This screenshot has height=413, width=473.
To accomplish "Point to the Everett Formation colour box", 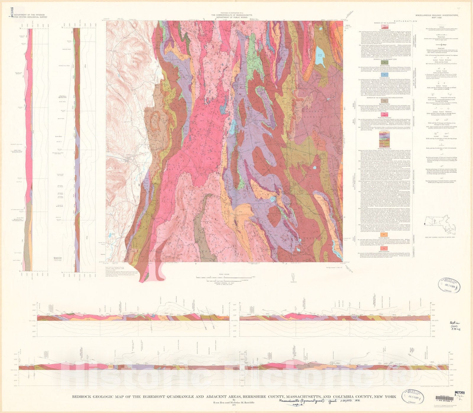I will (384, 27).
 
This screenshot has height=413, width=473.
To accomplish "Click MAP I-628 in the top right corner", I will (437, 18).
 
